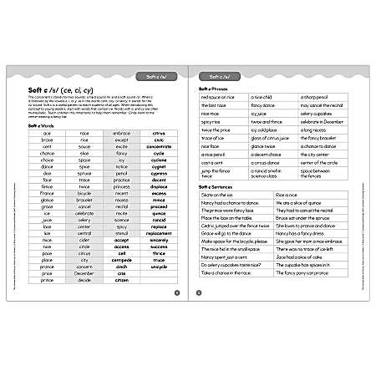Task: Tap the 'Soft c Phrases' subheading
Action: [211, 87]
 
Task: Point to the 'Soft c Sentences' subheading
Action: [215, 186]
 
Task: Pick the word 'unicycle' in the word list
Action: [159, 266]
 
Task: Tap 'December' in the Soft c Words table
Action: [84, 272]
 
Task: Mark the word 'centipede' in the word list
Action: [122, 259]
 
